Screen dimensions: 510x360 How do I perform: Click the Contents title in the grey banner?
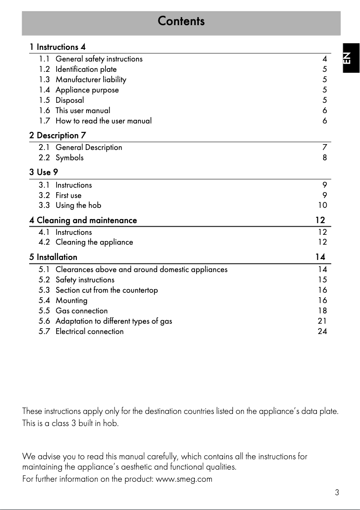[181, 21]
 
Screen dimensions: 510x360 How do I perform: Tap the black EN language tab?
[349, 58]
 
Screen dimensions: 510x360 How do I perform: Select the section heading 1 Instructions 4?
[57, 47]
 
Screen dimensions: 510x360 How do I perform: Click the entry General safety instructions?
[99, 59]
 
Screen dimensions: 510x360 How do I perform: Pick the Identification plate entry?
[86, 69]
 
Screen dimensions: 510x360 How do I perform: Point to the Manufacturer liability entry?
[91, 79]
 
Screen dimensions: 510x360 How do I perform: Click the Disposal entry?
[70, 100]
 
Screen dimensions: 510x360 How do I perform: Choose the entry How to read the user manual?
[103, 121]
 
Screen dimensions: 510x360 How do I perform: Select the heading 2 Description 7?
[57, 135]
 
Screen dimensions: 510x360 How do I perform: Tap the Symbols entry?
[69, 158]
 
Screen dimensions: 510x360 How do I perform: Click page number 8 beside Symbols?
[325, 158]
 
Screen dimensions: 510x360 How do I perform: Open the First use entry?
[68, 195]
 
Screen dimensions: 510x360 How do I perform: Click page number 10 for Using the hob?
[322, 206]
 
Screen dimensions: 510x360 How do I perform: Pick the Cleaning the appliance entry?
[94, 242]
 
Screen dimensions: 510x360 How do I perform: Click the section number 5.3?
[44, 290]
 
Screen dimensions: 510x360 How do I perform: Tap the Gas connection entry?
[81, 311]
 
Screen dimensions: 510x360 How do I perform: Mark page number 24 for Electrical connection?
[322, 331]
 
